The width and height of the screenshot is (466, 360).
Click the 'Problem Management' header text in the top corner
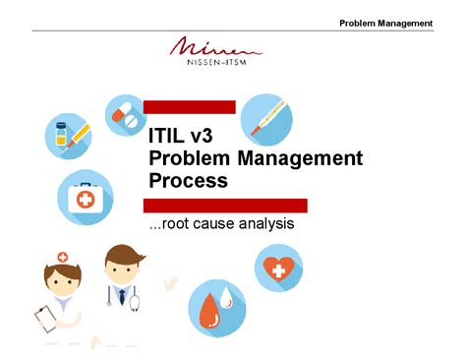pos(385,23)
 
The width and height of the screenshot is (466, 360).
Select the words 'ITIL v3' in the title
pos(181,137)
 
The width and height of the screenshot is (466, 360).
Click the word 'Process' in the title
pos(188,181)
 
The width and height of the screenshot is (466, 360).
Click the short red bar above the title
pos(189,106)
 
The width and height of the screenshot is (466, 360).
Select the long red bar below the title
pos(225,205)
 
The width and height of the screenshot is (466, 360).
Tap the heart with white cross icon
pos(278,268)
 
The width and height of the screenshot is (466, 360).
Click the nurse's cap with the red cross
pos(63,257)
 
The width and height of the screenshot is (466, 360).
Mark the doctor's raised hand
pos(173,281)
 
